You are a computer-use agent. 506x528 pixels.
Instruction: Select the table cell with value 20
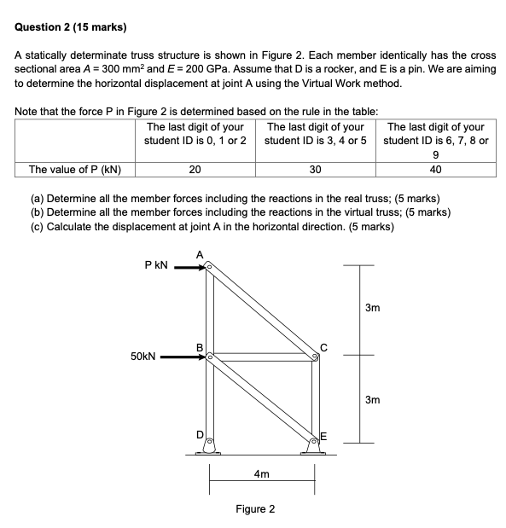pos(195,169)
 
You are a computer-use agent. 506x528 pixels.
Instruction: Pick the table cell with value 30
pos(315,169)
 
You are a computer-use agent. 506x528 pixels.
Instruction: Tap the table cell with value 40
pos(436,169)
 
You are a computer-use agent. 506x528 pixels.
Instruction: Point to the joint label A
pos(200,254)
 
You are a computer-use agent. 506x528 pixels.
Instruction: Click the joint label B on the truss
pos(200,347)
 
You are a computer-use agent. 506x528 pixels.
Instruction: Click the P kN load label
pos(158,266)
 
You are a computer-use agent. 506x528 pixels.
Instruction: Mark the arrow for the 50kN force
pos(183,358)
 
